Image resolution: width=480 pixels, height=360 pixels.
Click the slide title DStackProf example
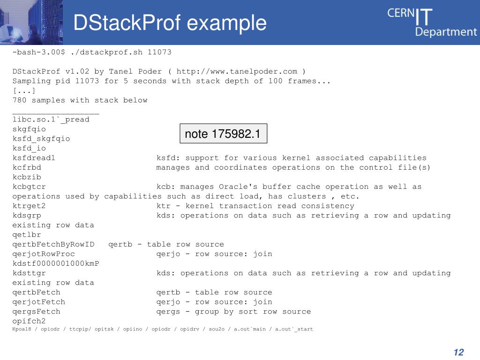(170, 23)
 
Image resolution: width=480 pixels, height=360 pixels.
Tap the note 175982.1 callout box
(223, 134)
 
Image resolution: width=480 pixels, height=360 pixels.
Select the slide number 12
(458, 352)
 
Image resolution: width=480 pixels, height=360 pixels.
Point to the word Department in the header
(446, 32)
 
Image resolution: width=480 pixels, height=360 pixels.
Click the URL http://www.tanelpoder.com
(237, 71)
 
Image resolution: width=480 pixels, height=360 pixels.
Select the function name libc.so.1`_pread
(51, 120)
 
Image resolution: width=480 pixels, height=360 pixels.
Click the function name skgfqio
(29, 129)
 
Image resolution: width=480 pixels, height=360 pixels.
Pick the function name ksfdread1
(34, 158)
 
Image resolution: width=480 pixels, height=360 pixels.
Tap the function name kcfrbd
(27, 167)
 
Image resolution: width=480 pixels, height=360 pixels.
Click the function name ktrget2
(29, 206)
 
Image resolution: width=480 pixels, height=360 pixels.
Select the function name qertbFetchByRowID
(53, 244)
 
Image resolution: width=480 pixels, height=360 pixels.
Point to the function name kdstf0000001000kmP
(56, 263)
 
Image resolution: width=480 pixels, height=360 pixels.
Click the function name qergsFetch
(36, 311)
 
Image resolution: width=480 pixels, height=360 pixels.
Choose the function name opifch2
(29, 321)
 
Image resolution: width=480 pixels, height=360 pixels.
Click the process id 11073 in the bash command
(159, 52)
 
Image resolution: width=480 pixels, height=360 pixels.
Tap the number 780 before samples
(19, 100)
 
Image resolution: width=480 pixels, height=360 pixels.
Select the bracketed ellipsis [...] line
(24, 90)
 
